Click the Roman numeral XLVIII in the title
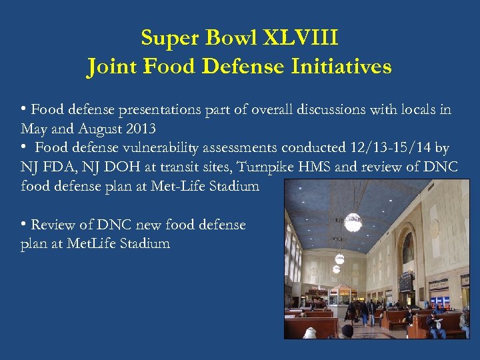pos(301,38)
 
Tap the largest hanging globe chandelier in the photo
pos(353,221)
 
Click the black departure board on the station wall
pos(405,281)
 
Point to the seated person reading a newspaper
pos(437,323)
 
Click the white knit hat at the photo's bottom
pos(347,331)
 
